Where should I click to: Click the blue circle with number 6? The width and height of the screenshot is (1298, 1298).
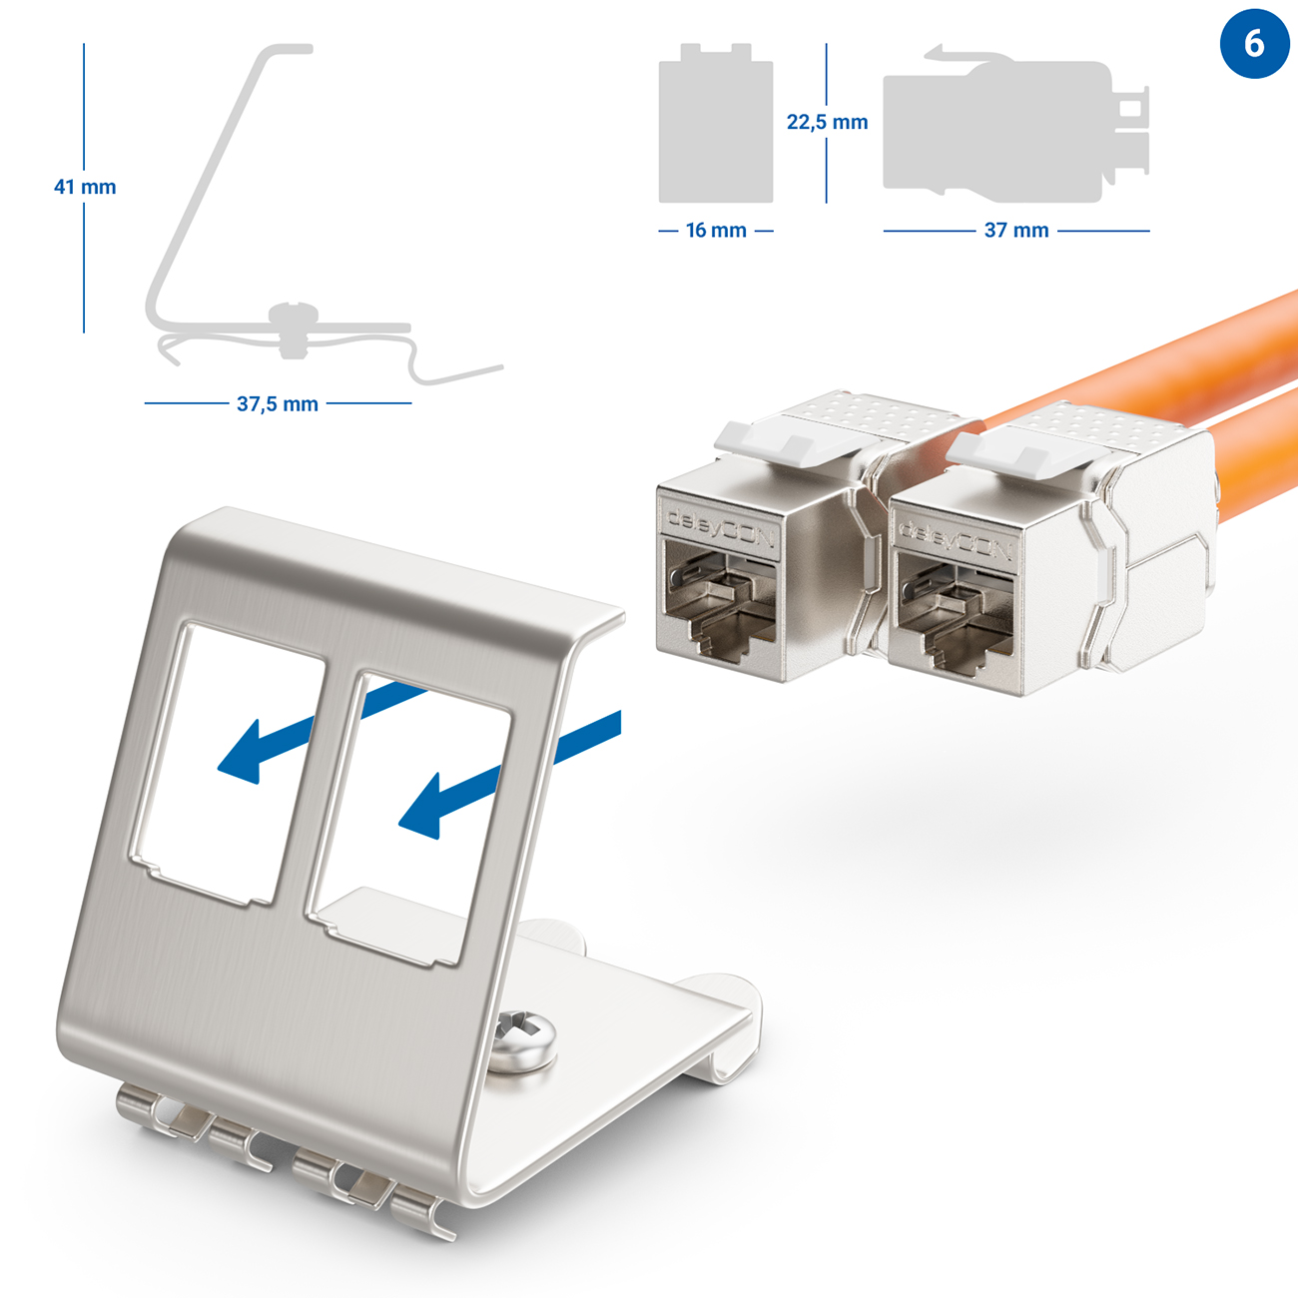[1254, 43]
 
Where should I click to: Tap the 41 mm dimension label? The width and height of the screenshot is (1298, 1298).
[85, 187]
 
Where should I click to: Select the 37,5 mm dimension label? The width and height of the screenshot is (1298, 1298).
[278, 404]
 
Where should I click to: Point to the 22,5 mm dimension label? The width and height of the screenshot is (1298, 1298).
[827, 122]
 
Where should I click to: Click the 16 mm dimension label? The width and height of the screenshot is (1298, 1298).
[716, 231]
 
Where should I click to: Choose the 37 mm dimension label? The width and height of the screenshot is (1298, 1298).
[1016, 231]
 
